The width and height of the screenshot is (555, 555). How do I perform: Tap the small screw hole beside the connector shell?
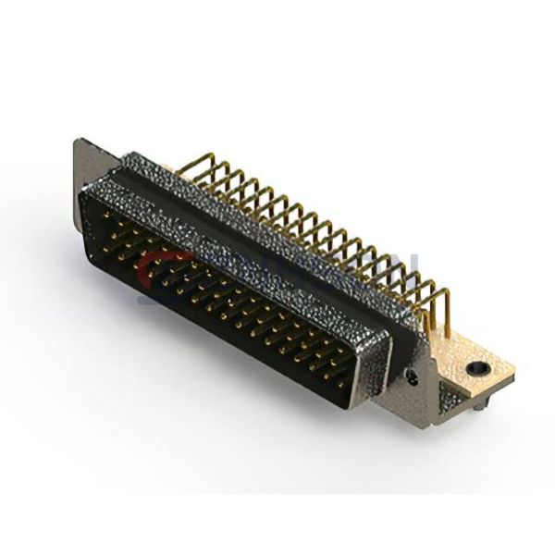(409, 376)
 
